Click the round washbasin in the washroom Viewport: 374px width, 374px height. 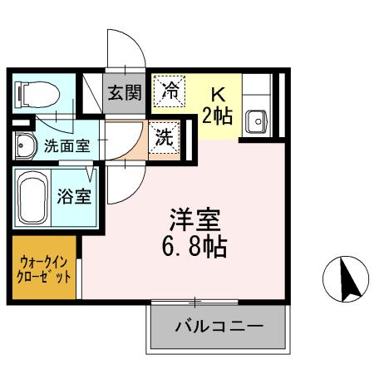(24, 145)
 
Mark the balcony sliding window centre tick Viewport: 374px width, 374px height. (197, 302)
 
